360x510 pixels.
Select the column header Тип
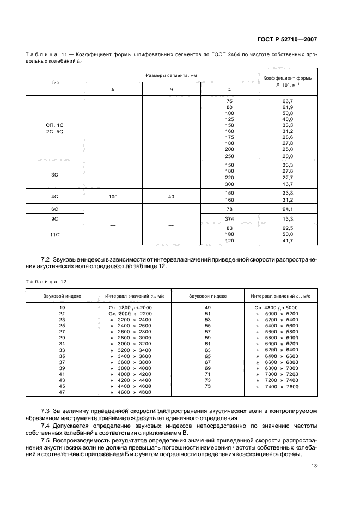pos(55,82)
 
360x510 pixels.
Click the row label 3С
pos(55,174)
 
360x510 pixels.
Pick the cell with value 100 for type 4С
pos(113,197)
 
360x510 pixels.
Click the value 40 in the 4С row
pos(172,197)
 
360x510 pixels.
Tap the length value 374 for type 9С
pos(229,218)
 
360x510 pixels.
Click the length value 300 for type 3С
pos(229,184)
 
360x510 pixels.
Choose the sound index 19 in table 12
pos(62,308)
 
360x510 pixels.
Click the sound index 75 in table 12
pos(208,386)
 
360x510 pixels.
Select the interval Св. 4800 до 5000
pos(276,308)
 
